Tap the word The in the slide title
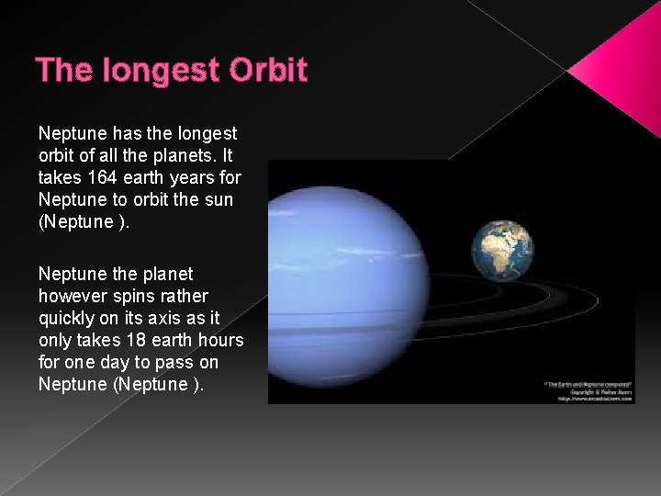click(60, 71)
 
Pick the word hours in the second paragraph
click(219, 340)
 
